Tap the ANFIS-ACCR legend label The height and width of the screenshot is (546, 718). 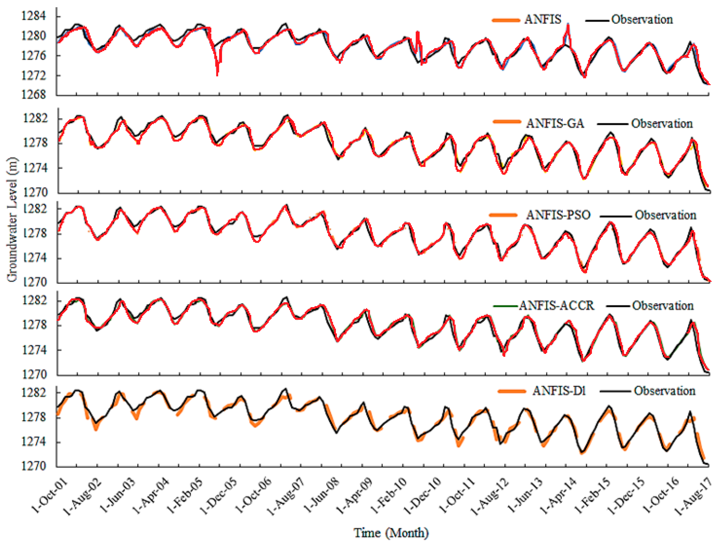(x=556, y=306)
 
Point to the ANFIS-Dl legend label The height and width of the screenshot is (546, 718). (x=559, y=391)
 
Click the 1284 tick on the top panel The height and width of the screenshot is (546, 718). (x=34, y=16)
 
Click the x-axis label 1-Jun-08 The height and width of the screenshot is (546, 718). (x=322, y=496)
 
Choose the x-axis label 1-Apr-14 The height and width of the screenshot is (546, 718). (x=559, y=496)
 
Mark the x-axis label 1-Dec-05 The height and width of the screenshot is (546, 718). (x=220, y=496)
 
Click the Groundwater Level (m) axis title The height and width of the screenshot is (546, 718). (x=12, y=220)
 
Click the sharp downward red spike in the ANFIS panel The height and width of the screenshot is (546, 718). (x=217, y=73)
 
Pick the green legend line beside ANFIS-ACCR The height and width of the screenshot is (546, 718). (x=505, y=306)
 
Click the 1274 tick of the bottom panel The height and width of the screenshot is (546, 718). (x=34, y=442)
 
